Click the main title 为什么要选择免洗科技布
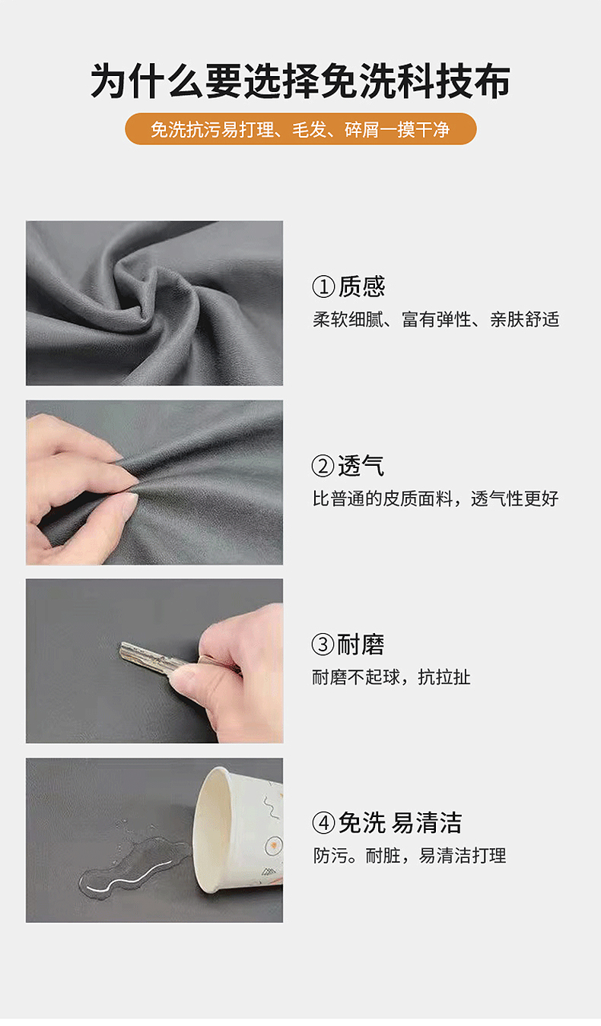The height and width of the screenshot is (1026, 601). (300, 81)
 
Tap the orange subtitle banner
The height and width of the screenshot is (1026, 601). (300, 129)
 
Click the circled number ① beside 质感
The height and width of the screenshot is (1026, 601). (323, 287)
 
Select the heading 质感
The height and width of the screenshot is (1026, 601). (361, 287)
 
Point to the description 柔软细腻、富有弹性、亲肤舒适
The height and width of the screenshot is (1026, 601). (436, 319)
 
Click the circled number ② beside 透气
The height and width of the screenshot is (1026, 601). (323, 467)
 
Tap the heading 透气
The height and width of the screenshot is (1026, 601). (361, 466)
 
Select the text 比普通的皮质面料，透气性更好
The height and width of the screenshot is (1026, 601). (435, 499)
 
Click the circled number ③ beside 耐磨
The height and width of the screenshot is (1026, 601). (323, 645)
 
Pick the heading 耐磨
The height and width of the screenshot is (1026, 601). (361, 644)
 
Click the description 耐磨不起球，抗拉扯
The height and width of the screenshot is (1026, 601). (392, 677)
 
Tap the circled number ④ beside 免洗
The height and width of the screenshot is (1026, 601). (323, 824)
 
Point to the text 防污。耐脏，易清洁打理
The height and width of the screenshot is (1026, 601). (410, 856)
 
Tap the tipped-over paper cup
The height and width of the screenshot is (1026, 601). (238, 830)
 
